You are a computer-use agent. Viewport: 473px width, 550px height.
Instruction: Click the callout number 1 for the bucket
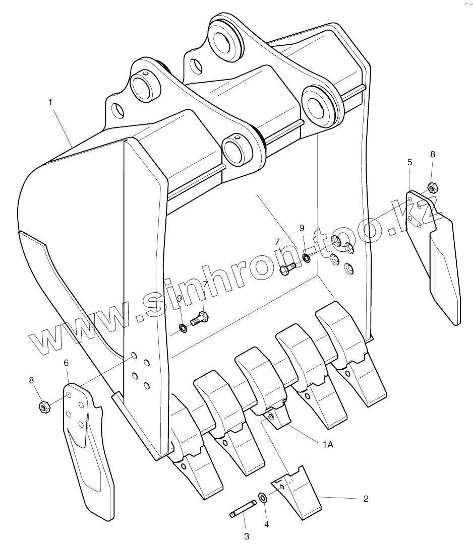pyautogui.click(x=50, y=102)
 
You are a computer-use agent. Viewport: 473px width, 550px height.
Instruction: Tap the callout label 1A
pyautogui.click(x=327, y=444)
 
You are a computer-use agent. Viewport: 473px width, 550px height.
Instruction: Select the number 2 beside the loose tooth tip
pyautogui.click(x=366, y=499)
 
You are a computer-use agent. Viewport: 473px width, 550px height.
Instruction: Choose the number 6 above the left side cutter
pyautogui.click(x=66, y=363)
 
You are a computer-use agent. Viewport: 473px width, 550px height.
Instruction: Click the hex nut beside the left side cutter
pyautogui.click(x=44, y=406)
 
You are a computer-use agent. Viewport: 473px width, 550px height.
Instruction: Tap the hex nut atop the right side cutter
pyautogui.click(x=432, y=188)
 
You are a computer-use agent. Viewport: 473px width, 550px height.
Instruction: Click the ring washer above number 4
pyautogui.click(x=263, y=498)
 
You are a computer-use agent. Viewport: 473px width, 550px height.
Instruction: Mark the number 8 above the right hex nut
pyautogui.click(x=433, y=155)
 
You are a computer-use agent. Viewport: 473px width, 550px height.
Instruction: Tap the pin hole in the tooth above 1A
pyautogui.click(x=271, y=416)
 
